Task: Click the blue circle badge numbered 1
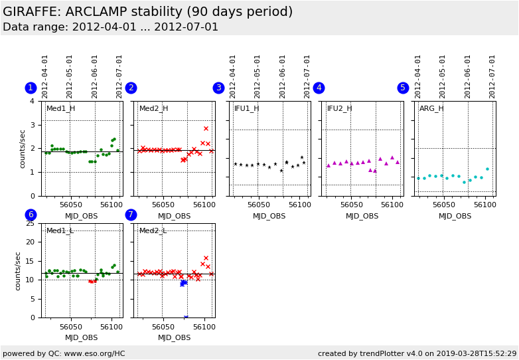pos(31,88)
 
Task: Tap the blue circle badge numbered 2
pos(131,88)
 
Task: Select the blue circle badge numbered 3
pos(218,88)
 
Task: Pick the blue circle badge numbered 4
pos(319,88)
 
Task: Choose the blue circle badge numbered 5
pos(403,88)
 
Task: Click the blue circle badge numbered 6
pos(31,215)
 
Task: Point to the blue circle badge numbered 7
pos(131,215)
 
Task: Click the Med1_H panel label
pos(60,109)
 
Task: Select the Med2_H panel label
pos(153,109)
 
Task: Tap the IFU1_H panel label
pos(246,109)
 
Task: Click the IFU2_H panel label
pos(339,109)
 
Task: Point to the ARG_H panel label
pos(431,109)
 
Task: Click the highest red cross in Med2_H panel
pos(206,128)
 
